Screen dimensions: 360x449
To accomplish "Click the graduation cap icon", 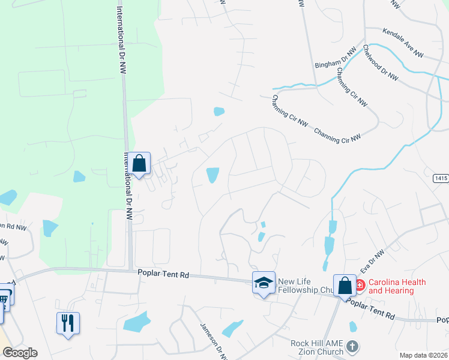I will (264, 283).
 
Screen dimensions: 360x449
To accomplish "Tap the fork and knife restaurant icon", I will (68, 323).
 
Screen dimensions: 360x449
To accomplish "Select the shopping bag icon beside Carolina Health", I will (345, 285).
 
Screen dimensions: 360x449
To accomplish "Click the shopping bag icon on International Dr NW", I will (139, 163).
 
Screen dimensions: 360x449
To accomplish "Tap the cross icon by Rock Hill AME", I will (352, 346).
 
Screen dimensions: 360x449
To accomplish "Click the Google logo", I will (20, 353).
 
